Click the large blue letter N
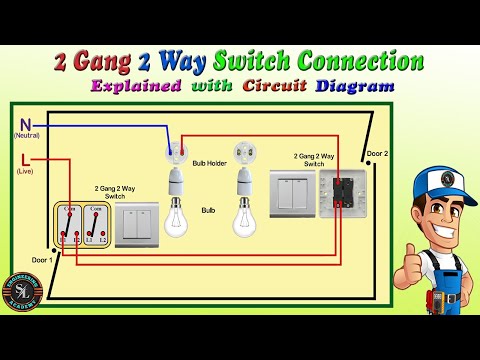pos(24,124)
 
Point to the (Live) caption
pos(24,172)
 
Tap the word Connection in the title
pos(351,61)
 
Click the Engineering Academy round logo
pos(21,292)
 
